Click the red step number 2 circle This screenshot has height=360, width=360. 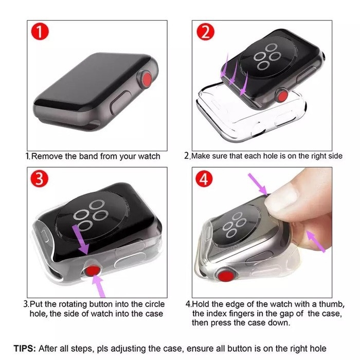pyautogui.click(x=206, y=32)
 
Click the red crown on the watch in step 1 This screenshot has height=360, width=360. pyautogui.click(x=147, y=79)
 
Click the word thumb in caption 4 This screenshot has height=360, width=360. pyautogui.click(x=322, y=304)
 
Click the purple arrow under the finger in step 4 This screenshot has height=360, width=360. pyautogui.click(x=314, y=241)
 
